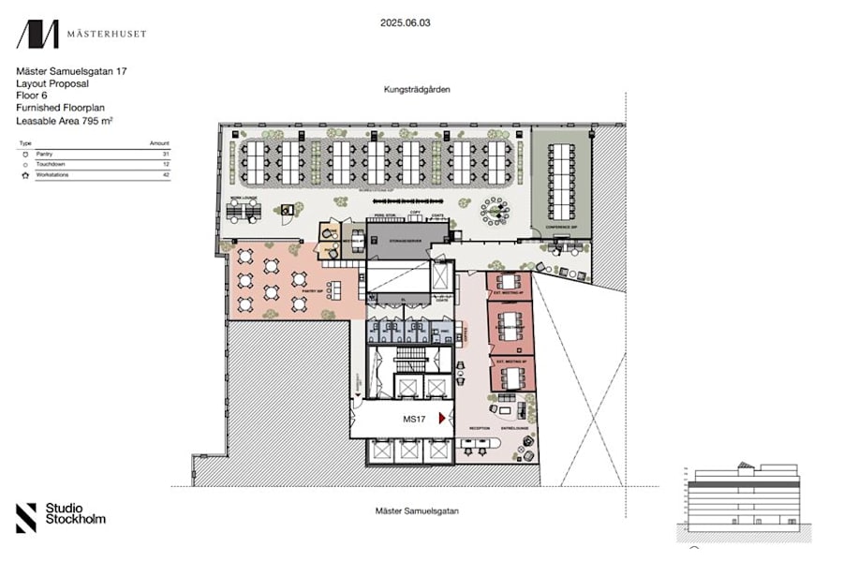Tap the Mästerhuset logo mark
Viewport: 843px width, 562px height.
[37, 35]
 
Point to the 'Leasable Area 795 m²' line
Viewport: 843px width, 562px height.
[63, 120]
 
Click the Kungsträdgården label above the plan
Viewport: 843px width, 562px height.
[417, 90]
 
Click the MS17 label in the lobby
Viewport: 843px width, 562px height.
[415, 420]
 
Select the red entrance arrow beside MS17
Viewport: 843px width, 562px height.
[442, 420]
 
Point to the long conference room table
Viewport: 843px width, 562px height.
[562, 182]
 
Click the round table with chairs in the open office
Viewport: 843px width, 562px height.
[493, 212]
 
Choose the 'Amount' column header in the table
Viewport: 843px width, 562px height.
[159, 142]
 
